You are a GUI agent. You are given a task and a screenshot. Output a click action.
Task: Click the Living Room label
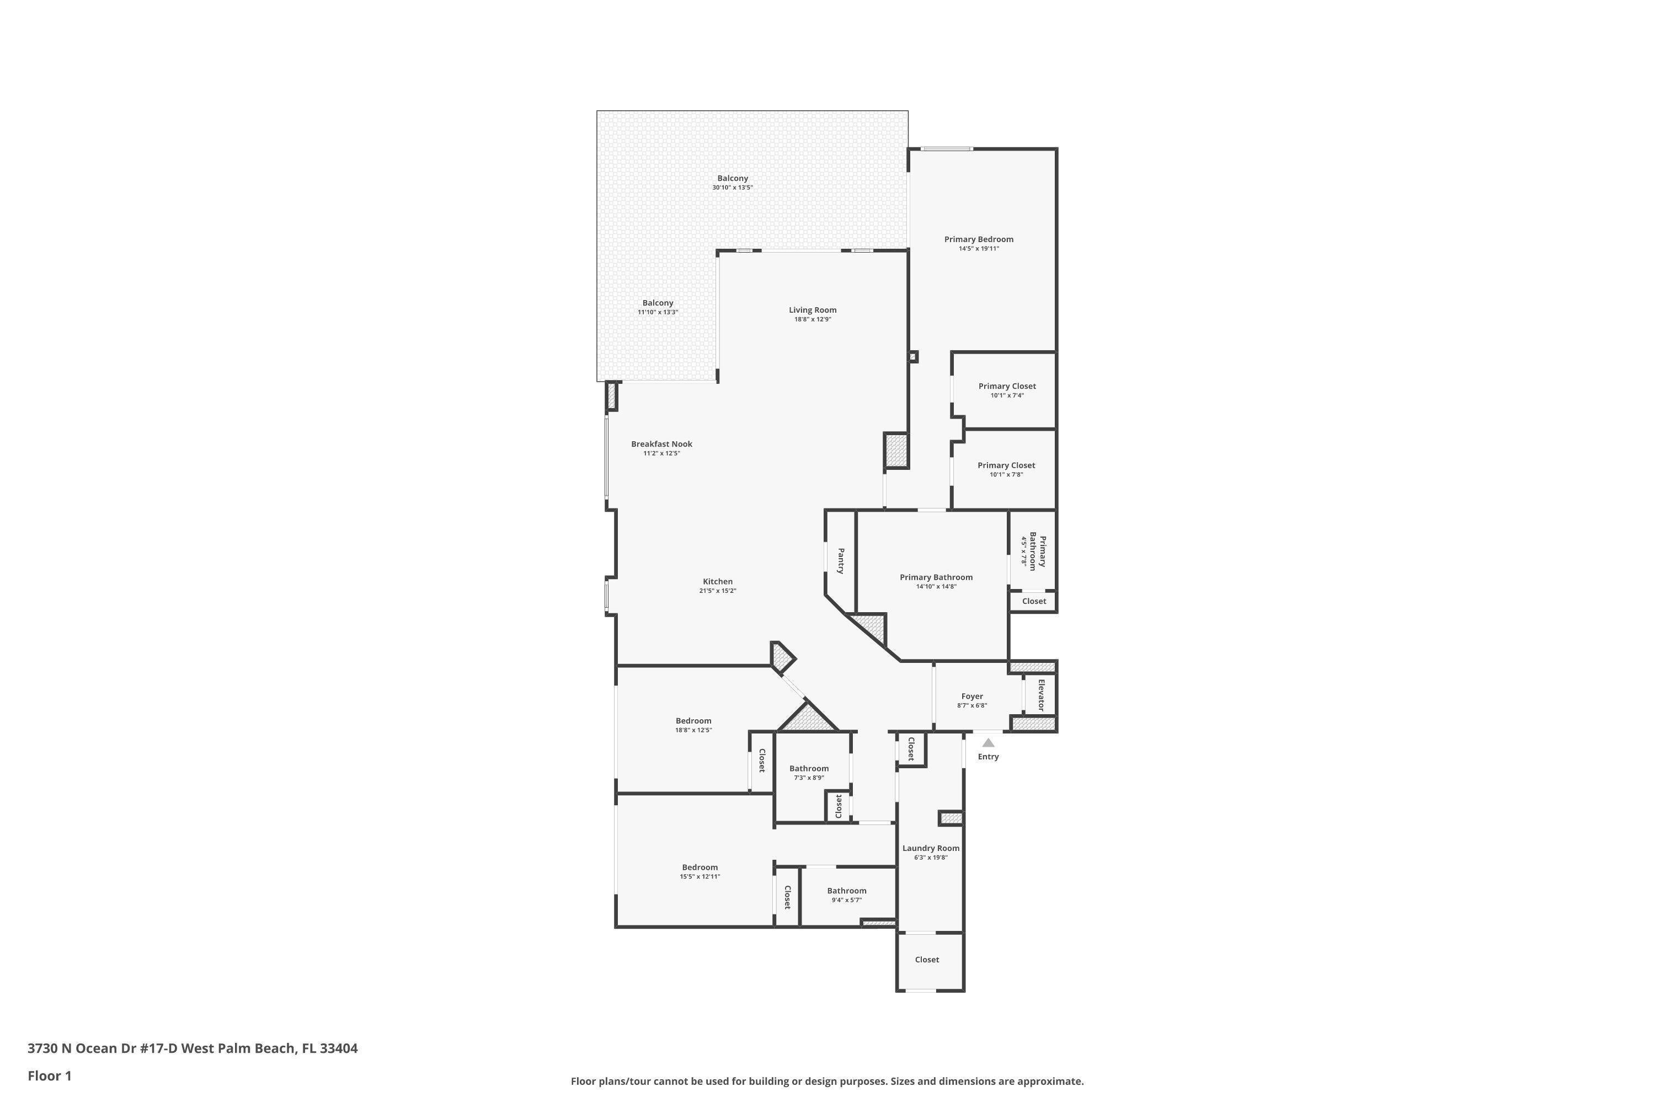click(813, 310)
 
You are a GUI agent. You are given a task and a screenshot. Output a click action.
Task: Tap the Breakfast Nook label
click(661, 444)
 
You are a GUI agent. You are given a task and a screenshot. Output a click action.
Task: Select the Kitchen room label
click(718, 582)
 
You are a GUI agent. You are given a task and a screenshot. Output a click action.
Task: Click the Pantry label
click(841, 561)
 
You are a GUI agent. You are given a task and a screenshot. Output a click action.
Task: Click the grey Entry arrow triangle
click(989, 743)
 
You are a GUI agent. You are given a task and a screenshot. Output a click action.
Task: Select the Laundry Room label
click(931, 848)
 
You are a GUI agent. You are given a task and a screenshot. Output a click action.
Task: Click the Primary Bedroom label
click(979, 239)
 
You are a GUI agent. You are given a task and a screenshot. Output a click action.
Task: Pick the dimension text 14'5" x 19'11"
click(979, 248)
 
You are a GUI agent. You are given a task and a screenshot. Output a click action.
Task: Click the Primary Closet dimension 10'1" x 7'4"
click(1007, 395)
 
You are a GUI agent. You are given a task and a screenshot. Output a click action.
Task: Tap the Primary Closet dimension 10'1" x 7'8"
click(1006, 475)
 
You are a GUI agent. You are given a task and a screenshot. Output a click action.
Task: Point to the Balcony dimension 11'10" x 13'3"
click(658, 312)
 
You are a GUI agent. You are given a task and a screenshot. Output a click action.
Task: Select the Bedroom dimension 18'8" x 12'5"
click(694, 730)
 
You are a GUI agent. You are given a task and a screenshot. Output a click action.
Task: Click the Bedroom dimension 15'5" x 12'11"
click(700, 876)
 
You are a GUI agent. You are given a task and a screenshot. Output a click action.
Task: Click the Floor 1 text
click(50, 1075)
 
